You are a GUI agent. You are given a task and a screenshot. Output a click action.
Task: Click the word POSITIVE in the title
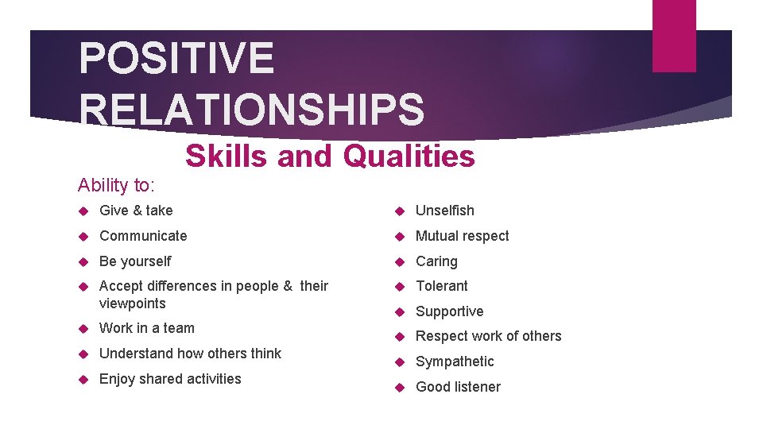pyautogui.click(x=176, y=60)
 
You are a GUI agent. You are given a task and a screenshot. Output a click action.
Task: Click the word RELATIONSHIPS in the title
pyautogui.click(x=252, y=110)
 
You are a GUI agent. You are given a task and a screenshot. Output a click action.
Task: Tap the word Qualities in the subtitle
pyautogui.click(x=409, y=157)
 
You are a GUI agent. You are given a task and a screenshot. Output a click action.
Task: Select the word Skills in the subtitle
pyautogui.click(x=227, y=157)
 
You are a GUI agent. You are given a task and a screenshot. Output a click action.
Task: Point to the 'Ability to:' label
pyautogui.click(x=116, y=185)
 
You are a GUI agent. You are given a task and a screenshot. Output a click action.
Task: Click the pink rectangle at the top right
pyautogui.click(x=673, y=35)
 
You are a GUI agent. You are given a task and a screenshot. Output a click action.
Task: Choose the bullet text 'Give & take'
pyautogui.click(x=136, y=211)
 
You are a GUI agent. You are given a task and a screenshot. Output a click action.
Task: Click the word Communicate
pyautogui.click(x=143, y=236)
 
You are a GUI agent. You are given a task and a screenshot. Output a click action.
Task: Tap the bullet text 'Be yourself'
pyautogui.click(x=135, y=261)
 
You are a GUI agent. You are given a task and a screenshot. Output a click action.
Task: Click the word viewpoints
pyautogui.click(x=133, y=303)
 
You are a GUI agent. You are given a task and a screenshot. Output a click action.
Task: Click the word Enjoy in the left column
pyautogui.click(x=117, y=379)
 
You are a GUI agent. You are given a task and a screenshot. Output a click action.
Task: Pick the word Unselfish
pyautogui.click(x=445, y=211)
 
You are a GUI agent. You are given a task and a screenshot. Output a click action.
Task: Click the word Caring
pyautogui.click(x=437, y=261)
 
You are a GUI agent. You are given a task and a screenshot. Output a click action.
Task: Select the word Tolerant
pyautogui.click(x=442, y=286)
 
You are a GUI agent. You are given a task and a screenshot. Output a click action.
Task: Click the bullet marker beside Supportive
pyautogui.click(x=401, y=311)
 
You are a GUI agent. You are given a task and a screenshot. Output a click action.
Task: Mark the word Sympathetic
pyautogui.click(x=455, y=361)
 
